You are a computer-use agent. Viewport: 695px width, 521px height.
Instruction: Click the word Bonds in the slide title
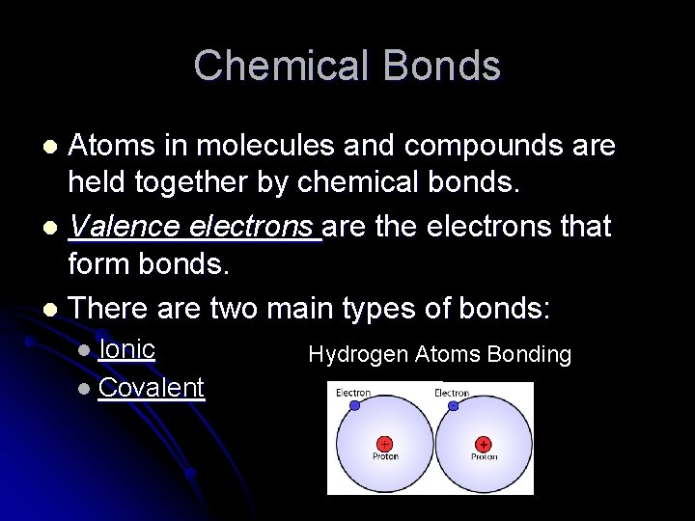tap(441, 67)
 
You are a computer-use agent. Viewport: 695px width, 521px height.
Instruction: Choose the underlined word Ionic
tap(126, 348)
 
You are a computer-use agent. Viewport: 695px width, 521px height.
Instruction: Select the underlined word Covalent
tap(151, 388)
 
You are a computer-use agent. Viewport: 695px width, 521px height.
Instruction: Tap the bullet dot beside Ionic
tap(84, 349)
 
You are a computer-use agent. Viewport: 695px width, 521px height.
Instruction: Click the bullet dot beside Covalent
tap(84, 389)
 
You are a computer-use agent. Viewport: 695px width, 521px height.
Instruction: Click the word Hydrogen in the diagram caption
tap(358, 355)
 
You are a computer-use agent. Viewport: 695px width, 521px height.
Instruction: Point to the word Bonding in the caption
tap(529, 355)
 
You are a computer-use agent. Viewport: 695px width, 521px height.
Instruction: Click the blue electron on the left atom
tap(354, 406)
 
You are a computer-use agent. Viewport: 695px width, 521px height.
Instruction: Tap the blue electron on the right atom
tap(454, 406)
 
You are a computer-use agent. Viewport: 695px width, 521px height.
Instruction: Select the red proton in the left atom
tap(385, 444)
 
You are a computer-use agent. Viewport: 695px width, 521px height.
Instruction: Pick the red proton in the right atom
tap(483, 444)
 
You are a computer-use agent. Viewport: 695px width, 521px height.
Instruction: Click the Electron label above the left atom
tap(353, 393)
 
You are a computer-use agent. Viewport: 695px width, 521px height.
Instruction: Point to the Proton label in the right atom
tap(484, 456)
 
